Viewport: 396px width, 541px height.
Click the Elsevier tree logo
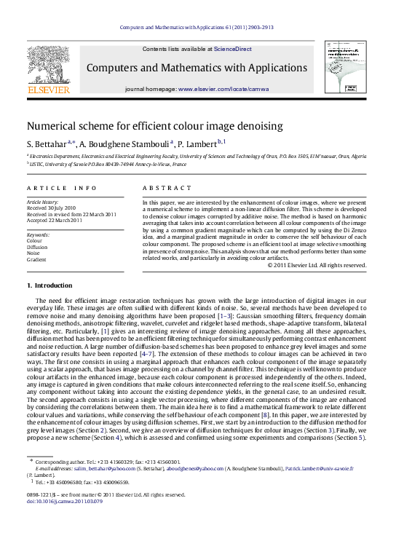click(48, 65)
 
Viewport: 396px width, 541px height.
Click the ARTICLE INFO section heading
click(61, 188)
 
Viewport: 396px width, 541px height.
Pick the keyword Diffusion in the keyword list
click(39, 247)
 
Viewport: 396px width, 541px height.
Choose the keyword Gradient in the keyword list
click(37, 258)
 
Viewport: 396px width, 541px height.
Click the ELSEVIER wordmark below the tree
click(48, 90)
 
